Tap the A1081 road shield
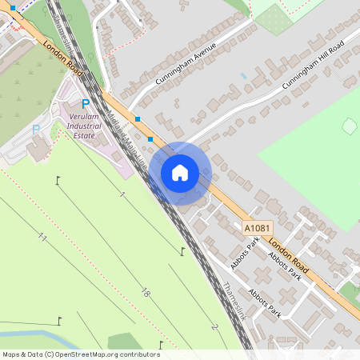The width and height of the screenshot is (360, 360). [x=254, y=229]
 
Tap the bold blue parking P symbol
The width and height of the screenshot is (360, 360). [x=86, y=102]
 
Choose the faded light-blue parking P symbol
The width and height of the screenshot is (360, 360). [x=35, y=128]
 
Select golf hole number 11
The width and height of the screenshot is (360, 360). [x=42, y=238]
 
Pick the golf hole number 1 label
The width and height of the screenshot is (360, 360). [x=122, y=195]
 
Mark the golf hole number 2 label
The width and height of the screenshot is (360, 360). [x=214, y=327]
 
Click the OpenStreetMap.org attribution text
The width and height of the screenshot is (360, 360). [x=81, y=354]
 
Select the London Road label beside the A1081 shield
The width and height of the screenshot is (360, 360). [x=288, y=254]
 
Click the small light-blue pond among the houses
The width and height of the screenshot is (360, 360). [x=243, y=75]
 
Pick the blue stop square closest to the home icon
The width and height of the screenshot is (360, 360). [x=150, y=139]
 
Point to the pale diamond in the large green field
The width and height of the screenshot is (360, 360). [x=349, y=126]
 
